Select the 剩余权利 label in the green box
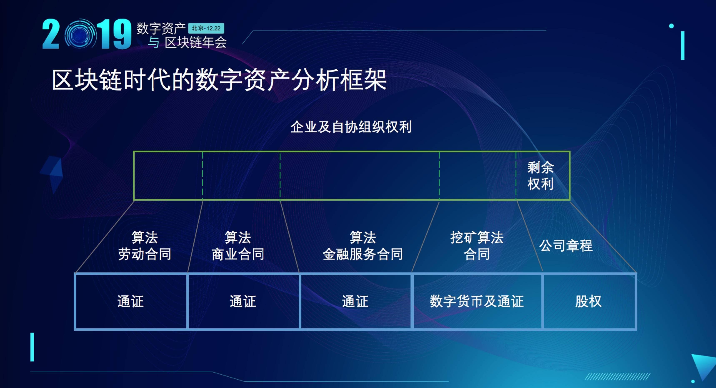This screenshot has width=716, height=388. point(540,176)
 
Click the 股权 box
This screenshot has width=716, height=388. point(589,301)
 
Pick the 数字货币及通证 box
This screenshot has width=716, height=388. point(477,301)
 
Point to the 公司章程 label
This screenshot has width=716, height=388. point(566,246)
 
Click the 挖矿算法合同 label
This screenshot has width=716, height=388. point(477,246)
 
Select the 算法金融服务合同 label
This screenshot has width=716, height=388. point(363,246)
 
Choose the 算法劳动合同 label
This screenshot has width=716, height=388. point(145,246)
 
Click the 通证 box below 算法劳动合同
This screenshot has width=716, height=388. point(131,301)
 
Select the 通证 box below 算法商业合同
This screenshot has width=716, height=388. point(243,301)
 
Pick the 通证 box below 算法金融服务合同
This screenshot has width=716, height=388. point(356,301)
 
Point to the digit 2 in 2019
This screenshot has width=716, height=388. point(51,34)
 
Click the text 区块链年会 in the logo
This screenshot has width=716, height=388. point(196,43)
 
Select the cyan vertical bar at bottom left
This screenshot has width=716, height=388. point(32,347)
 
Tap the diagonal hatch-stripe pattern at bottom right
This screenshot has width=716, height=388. point(617,377)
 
